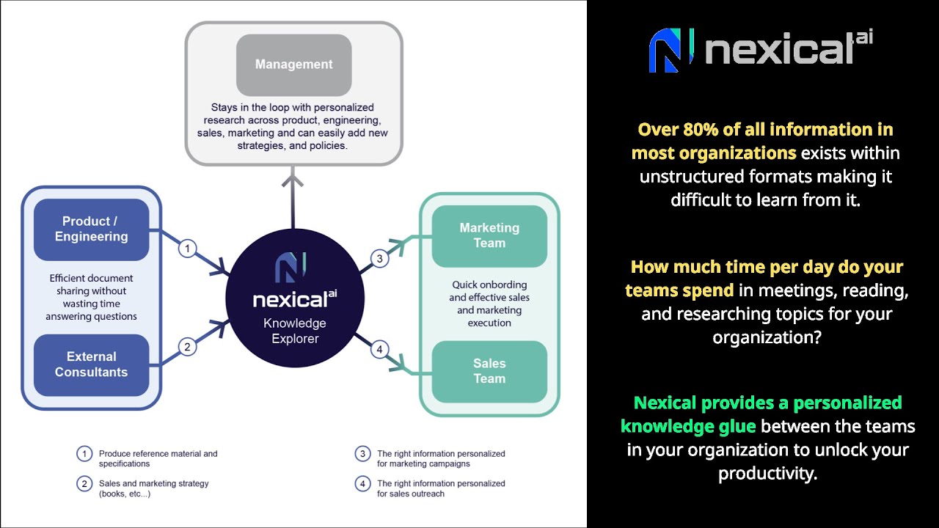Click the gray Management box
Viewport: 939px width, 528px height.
point(293,65)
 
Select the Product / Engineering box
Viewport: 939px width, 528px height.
point(91,229)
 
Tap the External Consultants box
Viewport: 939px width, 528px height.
point(91,364)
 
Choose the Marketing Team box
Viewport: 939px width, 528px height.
point(489,235)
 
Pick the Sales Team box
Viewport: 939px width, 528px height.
point(489,371)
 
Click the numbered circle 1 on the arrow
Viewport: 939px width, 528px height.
point(188,249)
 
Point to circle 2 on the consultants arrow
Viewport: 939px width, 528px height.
point(188,346)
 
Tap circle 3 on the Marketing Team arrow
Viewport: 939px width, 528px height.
point(379,258)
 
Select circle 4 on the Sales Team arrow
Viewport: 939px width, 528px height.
point(379,350)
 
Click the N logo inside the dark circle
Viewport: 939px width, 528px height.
point(291,268)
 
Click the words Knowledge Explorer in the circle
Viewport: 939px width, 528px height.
point(295,331)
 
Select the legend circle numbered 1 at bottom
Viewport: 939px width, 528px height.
point(84,454)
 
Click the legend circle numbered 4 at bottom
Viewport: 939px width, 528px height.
point(362,484)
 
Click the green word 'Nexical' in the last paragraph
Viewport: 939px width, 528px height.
point(665,403)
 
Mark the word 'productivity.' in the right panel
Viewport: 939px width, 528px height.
point(767,473)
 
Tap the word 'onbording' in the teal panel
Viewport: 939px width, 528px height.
point(500,285)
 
